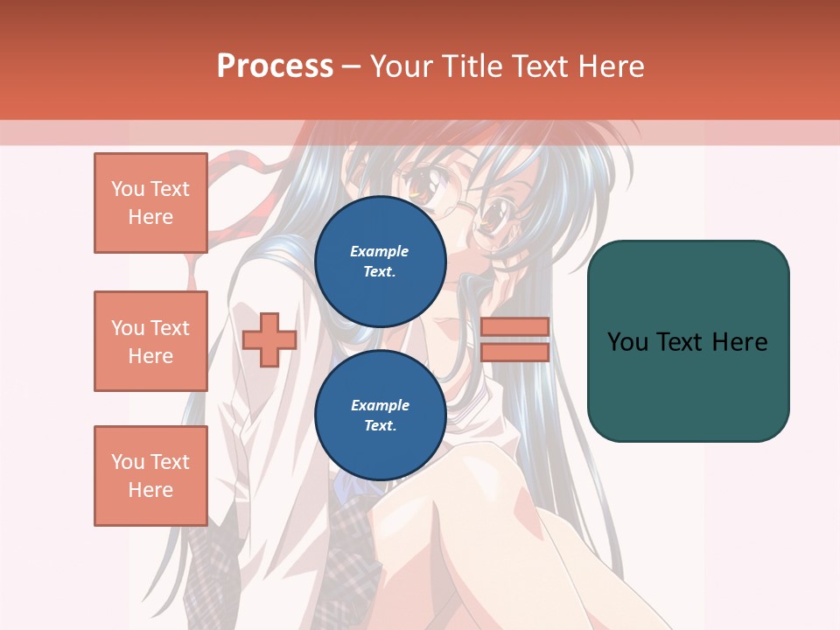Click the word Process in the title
coord(275,66)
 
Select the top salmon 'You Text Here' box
coord(150,203)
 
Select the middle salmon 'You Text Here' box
coord(150,341)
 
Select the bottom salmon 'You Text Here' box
coord(150,476)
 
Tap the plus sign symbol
coord(269,339)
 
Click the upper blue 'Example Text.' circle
coord(380,262)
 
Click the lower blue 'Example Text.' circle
coord(380,416)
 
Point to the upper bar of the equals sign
coord(514,326)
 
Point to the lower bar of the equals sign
coord(514,352)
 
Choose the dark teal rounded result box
coord(688,340)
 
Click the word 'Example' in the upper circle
coord(380,251)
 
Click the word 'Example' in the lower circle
coord(380,405)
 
